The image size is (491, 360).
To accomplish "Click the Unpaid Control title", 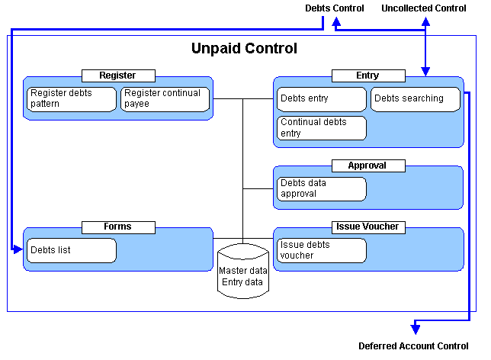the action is click(244, 48).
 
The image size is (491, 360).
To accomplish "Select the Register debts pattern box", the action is click(72, 99).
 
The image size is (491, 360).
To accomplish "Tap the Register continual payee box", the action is click(165, 99).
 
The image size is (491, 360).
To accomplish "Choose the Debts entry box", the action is click(322, 99).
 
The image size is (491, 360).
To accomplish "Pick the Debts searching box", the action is click(416, 99).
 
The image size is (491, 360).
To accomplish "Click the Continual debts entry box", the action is click(322, 128).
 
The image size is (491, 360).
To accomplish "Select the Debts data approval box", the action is click(322, 189).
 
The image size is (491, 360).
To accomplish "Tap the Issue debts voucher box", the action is click(322, 250).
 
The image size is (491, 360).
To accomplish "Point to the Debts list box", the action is click(72, 250).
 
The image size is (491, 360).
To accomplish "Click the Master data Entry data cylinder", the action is click(243, 271).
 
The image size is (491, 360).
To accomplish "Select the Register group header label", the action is click(118, 76).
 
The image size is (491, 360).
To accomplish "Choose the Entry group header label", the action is click(368, 76).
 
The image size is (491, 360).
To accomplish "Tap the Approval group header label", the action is click(368, 166).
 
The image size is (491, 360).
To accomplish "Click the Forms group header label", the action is click(118, 227).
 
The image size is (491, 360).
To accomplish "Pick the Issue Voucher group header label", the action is click(368, 227).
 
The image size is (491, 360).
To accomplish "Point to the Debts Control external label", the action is click(335, 8).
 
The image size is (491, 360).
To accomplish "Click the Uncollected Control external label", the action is click(424, 8).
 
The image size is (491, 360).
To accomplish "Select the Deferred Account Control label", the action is click(413, 346).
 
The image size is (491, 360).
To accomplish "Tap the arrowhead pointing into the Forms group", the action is click(18, 249).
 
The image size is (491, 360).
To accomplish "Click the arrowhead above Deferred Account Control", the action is click(416, 329).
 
